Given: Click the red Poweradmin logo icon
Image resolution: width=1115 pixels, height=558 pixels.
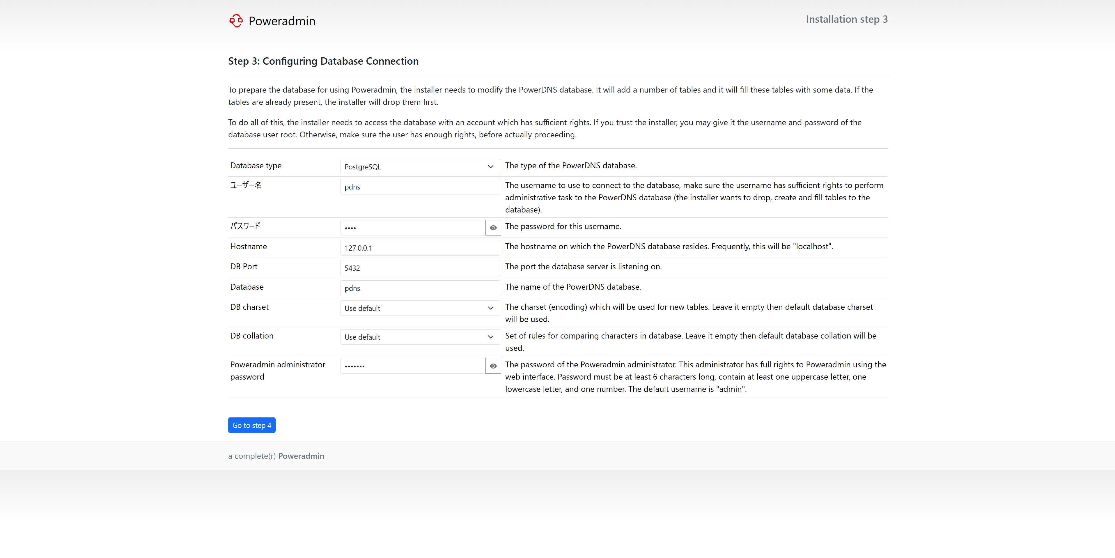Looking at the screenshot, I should [236, 21].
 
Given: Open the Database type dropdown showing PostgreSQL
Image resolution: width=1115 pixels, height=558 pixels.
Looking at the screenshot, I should [420, 167].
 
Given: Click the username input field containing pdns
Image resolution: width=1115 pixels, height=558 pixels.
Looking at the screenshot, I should [420, 187].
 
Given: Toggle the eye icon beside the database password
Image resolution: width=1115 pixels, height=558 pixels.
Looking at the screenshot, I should [493, 228].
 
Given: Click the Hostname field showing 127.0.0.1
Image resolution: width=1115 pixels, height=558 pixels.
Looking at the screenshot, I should [420, 248].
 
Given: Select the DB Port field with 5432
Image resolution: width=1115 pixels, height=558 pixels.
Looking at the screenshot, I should [420, 268].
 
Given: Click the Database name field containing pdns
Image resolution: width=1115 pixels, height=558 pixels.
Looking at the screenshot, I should [420, 288].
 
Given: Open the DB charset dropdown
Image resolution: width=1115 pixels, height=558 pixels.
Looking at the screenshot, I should [420, 308].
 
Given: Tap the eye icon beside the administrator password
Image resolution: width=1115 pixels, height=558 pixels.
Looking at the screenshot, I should [493, 366].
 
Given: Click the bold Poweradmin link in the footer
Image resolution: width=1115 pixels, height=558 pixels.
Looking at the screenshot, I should [301, 456].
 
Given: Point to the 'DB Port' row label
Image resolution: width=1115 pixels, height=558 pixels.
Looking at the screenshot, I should [244, 267].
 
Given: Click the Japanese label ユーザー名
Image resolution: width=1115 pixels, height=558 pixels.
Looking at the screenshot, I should [246, 185].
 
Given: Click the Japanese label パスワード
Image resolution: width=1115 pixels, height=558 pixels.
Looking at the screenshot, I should [245, 226].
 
